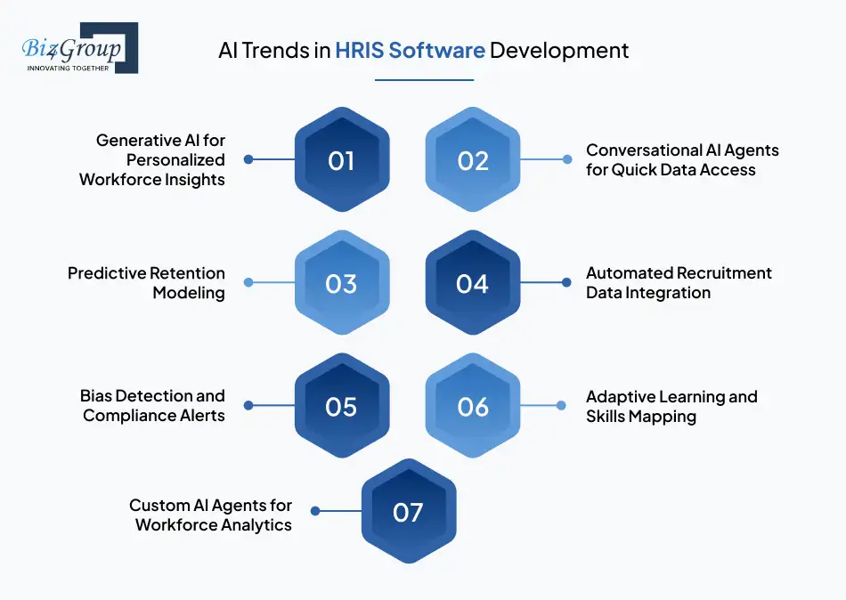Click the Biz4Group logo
pyautogui.click(x=80, y=48)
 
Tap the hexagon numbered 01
pyautogui.click(x=342, y=159)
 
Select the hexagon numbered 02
pyautogui.click(x=473, y=159)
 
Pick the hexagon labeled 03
pyautogui.click(x=342, y=282)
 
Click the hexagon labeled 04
pyautogui.click(x=473, y=282)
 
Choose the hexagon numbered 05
pyautogui.click(x=342, y=405)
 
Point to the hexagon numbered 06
pyautogui.click(x=473, y=405)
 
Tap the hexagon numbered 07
pyautogui.click(x=409, y=511)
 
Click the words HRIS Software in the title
pyautogui.click(x=410, y=50)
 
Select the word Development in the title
pyautogui.click(x=559, y=51)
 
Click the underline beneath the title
pyautogui.click(x=424, y=80)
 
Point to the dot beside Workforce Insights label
pyautogui.click(x=248, y=159)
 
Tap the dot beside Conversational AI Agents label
pyautogui.click(x=567, y=159)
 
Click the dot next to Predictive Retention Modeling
pyautogui.click(x=248, y=282)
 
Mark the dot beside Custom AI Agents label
pyautogui.click(x=315, y=511)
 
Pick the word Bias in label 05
pyautogui.click(x=95, y=396)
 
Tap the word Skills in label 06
pyautogui.click(x=605, y=417)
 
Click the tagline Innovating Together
pyautogui.click(x=68, y=68)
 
